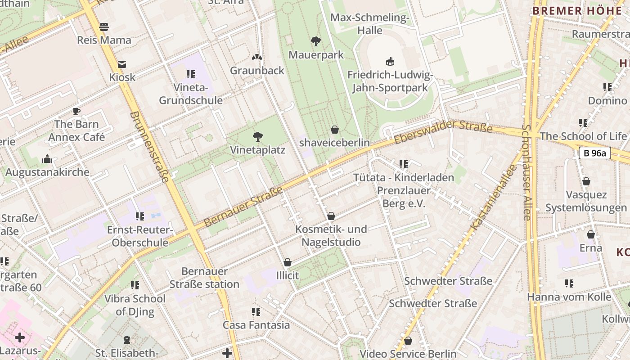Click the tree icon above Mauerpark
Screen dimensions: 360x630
(x=316, y=41)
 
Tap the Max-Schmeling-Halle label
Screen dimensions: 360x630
(x=370, y=24)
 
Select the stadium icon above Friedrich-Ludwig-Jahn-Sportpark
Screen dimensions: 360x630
(x=390, y=62)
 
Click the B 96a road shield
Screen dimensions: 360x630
(x=594, y=153)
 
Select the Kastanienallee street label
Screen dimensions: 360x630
(x=493, y=198)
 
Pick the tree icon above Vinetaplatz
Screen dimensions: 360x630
(x=258, y=136)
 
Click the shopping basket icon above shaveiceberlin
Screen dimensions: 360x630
(x=335, y=130)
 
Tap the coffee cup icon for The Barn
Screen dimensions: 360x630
(x=76, y=111)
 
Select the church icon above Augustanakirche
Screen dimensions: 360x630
(x=47, y=159)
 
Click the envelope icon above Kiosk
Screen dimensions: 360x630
(x=122, y=64)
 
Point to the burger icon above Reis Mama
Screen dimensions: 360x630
(x=104, y=27)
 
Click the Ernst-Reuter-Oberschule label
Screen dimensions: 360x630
(x=140, y=236)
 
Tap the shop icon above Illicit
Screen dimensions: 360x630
(x=288, y=262)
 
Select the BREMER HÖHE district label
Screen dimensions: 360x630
(x=577, y=11)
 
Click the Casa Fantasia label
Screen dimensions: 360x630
(x=256, y=325)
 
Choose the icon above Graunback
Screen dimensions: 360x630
(x=257, y=57)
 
